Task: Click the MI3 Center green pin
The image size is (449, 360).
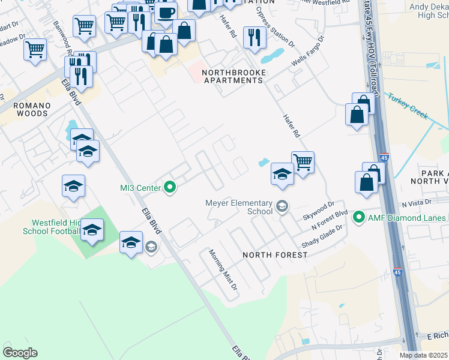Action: [170, 188]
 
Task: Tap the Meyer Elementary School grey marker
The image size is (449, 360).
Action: [282, 208]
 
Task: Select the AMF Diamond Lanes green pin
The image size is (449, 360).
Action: [360, 217]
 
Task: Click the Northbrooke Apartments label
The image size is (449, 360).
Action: [234, 76]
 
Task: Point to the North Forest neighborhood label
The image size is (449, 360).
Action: [275, 255]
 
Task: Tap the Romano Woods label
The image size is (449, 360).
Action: [32, 109]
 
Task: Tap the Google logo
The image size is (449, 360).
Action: [20, 353]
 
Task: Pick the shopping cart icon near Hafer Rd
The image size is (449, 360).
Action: [303, 161]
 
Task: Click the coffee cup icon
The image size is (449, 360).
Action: [166, 12]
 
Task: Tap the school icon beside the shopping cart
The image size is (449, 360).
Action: [282, 173]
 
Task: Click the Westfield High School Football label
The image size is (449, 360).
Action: [52, 226]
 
